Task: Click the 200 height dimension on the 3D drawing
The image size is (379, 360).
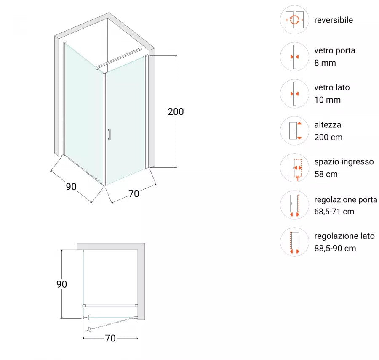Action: pos(176,112)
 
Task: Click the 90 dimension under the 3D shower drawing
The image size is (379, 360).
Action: pos(71,186)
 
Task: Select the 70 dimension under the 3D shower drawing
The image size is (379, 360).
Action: pos(133,193)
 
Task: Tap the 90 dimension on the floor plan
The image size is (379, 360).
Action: pos(62,284)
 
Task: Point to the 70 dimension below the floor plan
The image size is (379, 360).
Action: pos(110,338)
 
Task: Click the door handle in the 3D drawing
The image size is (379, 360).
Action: pos(109,134)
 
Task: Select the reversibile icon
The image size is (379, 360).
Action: pos(295,20)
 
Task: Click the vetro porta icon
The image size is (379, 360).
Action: pos(295,57)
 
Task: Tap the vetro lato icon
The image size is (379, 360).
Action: pos(295,94)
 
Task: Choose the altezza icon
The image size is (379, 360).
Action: pos(295,131)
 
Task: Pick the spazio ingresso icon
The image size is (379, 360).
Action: pos(295,168)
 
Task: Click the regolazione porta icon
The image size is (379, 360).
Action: pos(295,205)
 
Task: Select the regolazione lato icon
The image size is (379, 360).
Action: pos(295,242)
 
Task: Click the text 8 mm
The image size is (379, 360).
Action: pos(325,63)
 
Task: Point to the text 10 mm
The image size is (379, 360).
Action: pos(327,100)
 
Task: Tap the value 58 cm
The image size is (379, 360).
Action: pos(326,174)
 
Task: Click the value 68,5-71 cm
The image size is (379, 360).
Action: pos(334,211)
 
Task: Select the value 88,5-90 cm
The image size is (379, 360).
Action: pos(335,248)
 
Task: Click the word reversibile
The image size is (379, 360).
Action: pos(333,20)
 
